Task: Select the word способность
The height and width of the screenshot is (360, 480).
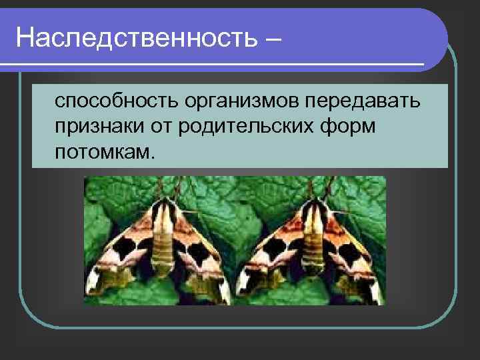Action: tap(116, 103)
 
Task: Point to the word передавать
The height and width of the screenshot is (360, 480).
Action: tap(364, 103)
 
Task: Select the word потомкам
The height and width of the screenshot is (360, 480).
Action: tap(103, 153)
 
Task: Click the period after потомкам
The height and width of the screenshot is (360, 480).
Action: tap(154, 158)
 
